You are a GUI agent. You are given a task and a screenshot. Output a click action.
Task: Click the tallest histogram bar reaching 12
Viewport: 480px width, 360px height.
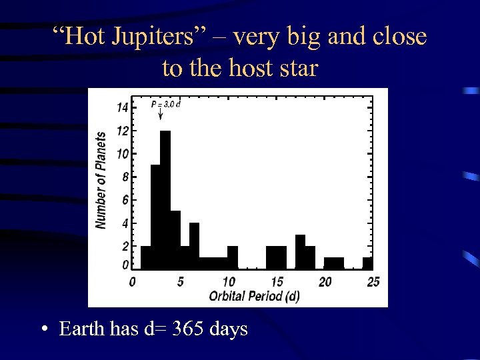point(166,200)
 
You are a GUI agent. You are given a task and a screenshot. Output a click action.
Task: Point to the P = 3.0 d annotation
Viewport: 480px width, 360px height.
point(166,104)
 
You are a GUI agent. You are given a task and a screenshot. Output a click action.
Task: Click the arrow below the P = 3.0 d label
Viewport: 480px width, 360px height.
point(161,115)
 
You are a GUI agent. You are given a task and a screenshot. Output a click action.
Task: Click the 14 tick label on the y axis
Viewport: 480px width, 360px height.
point(123,107)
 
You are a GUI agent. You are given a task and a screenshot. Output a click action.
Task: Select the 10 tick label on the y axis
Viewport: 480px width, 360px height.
point(123,153)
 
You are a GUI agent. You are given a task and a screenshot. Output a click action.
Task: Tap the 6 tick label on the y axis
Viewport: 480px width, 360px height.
point(125,199)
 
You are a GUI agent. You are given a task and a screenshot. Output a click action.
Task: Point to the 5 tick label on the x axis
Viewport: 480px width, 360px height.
point(180,282)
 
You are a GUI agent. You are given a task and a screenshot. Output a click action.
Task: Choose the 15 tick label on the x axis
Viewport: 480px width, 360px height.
point(277,282)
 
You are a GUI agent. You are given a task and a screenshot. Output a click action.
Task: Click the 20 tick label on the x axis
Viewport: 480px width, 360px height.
point(325,282)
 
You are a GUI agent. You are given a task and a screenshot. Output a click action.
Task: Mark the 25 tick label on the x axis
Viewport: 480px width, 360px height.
point(373,282)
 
